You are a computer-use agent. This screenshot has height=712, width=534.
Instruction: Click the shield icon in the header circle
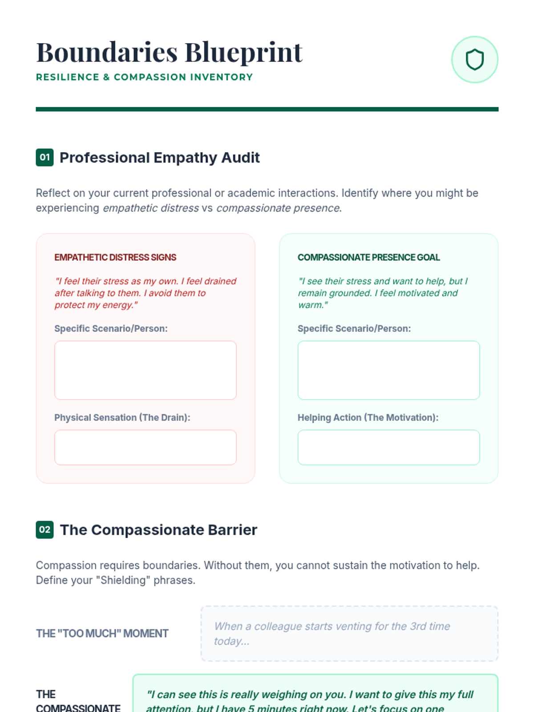coord(474,60)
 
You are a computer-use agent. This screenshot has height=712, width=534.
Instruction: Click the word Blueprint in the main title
coord(243,53)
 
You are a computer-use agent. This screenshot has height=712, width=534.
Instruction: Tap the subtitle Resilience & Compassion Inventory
coord(144,77)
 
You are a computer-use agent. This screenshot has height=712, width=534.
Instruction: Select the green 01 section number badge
coord(44,157)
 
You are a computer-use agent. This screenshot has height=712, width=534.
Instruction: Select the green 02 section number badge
coord(44,530)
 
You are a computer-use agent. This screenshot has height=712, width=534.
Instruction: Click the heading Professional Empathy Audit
coord(159,158)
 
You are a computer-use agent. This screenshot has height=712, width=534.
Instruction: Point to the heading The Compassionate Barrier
coord(158,530)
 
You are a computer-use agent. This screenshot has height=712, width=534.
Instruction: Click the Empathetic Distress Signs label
coord(115,257)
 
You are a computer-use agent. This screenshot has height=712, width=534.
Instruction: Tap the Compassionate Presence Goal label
coord(368,257)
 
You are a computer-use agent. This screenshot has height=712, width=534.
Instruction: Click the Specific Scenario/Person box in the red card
coord(146,370)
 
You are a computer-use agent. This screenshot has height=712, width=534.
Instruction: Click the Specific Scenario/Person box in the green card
coord(388,370)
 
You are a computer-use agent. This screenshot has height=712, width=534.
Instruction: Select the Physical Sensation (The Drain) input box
coord(146,447)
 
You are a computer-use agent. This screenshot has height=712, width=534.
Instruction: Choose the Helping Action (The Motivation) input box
coord(388,447)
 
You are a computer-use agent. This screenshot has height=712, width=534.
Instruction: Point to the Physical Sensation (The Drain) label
coord(122,417)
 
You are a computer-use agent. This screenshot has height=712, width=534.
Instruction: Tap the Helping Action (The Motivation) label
coord(368,417)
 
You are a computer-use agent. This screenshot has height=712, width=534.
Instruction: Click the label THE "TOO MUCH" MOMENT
coord(102,633)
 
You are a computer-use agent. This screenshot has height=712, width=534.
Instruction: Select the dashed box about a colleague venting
coord(349,633)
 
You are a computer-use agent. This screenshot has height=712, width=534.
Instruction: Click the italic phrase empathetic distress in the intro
coord(151,208)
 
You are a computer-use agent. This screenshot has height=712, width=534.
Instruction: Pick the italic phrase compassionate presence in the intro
coord(278,208)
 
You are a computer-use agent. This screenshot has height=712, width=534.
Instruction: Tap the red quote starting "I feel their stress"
coord(146,293)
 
